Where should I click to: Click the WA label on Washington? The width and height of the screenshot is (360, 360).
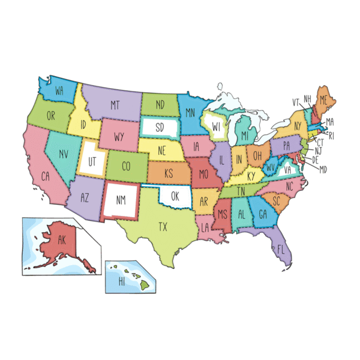coord(59,91)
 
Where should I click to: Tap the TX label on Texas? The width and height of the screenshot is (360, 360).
coord(163,227)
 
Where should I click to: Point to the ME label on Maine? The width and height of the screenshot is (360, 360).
coord(323,99)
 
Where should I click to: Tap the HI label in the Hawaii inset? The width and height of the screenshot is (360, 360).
coord(122,281)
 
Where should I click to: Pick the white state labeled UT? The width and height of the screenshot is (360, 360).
coord(92,161)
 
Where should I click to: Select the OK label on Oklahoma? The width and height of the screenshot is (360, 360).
coord(175,196)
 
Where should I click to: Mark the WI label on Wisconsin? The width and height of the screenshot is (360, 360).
coord(217,127)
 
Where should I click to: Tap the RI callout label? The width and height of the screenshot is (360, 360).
coord(331,136)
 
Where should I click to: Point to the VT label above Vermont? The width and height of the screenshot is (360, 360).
coord(296,101)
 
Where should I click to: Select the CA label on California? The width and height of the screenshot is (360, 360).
coord(45,176)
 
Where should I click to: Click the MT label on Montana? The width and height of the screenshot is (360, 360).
coord(115,105)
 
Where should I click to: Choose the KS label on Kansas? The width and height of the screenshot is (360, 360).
coord(169,173)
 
